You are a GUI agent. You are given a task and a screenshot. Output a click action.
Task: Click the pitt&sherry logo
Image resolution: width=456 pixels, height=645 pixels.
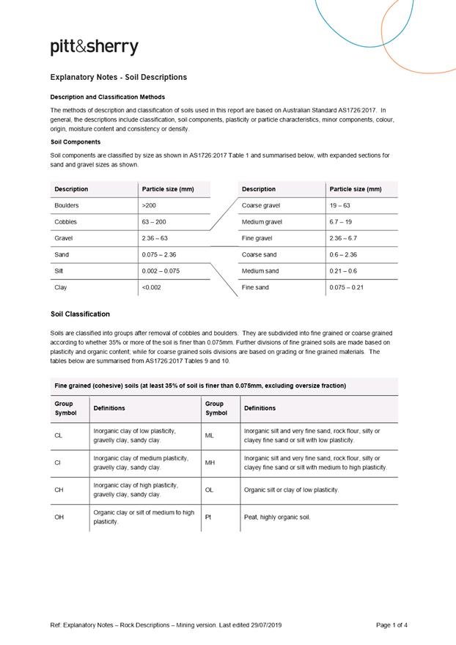click(94, 48)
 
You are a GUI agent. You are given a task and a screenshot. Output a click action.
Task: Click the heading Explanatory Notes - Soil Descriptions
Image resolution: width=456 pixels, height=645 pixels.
click(118, 77)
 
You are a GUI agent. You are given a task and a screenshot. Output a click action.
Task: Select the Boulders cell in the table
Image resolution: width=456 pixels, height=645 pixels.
click(67, 205)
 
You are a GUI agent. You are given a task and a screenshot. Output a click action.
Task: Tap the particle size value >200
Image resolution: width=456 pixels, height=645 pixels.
click(149, 205)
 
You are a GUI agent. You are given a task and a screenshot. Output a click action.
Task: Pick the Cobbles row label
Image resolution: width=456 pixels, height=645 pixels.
click(66, 221)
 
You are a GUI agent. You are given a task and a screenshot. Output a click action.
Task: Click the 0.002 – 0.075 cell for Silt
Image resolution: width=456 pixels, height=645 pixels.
click(161, 270)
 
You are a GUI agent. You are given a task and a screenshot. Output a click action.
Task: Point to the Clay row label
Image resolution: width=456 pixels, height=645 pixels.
click(61, 287)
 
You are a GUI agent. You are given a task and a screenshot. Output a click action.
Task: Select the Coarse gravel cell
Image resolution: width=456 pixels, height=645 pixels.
click(261, 205)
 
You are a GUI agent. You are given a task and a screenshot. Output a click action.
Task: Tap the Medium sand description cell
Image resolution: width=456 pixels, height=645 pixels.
click(260, 270)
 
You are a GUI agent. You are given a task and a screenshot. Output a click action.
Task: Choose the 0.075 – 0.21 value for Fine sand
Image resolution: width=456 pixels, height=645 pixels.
click(346, 287)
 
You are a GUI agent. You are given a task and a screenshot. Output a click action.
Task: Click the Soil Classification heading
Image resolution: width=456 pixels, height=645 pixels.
click(80, 314)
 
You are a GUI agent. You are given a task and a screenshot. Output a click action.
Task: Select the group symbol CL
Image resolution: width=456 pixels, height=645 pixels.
click(59, 435)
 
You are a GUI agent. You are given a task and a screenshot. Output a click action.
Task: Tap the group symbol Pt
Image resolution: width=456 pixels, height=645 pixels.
click(208, 517)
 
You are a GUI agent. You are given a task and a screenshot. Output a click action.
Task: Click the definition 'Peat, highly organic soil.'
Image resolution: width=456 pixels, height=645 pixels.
click(277, 517)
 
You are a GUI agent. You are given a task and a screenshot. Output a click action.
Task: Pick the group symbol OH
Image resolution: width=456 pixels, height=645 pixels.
click(59, 517)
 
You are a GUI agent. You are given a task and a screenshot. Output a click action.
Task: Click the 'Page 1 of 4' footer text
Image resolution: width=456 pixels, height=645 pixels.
click(391, 625)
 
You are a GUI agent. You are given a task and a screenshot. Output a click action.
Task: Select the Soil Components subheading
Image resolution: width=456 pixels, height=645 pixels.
click(76, 141)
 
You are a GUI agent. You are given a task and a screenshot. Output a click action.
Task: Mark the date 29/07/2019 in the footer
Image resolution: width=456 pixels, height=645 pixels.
click(265, 625)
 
